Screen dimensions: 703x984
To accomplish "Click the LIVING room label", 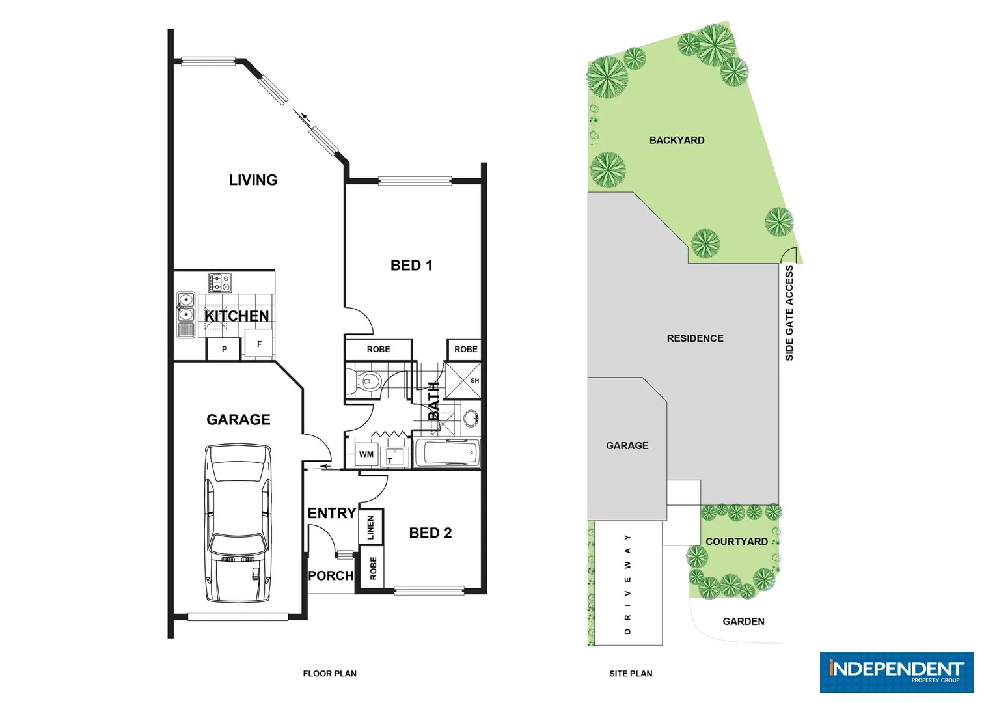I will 253,180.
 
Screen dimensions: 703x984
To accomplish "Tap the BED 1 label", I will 411,266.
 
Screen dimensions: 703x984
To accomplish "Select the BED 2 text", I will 430,533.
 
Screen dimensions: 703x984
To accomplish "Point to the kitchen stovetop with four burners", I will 220,283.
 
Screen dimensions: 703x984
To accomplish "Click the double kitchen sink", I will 186,314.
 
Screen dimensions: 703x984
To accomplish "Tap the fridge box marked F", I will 259,344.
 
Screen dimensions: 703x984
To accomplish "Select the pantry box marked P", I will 224,349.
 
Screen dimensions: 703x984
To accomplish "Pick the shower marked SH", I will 463,380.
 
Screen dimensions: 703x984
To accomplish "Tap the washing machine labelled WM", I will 366,454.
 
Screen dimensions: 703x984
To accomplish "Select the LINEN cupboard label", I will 371,527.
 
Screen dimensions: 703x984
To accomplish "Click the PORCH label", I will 331,576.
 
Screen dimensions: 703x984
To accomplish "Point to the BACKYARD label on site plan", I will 677,141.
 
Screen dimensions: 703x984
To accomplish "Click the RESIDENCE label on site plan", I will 695,338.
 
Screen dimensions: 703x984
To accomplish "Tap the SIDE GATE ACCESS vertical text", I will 789,312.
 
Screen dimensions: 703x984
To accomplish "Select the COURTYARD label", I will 737,542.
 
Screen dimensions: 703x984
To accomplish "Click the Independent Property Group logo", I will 896,672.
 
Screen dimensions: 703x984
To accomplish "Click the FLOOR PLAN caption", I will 329,674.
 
